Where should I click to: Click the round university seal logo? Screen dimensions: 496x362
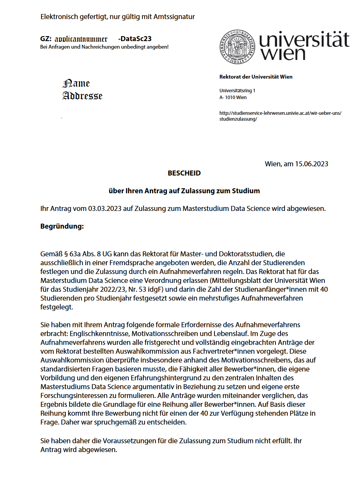click(237, 47)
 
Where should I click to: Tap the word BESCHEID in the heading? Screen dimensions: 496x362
click(184, 173)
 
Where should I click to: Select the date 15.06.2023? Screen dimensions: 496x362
click(311, 164)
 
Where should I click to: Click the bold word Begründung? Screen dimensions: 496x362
click(62, 226)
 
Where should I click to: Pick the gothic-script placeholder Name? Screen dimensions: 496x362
click(76, 83)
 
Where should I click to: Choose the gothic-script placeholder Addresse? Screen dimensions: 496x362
click(83, 96)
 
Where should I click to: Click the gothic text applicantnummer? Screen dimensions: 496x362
click(81, 39)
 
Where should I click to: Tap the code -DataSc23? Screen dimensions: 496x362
click(135, 39)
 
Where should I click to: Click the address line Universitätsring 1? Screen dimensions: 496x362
click(237, 91)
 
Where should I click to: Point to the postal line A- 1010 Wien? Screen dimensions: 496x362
click(233, 98)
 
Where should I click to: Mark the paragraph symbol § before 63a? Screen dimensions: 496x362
click(66, 254)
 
